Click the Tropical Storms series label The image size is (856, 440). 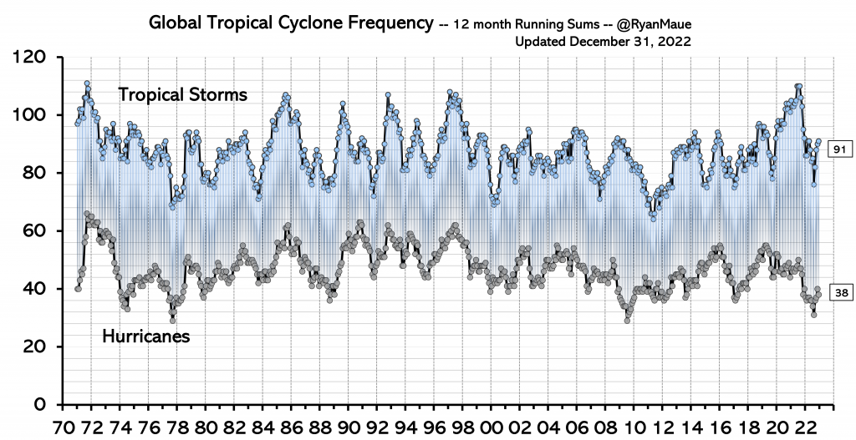[x=182, y=94]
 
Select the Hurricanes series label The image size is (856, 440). [x=145, y=336]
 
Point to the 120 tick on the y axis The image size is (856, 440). [x=32, y=58]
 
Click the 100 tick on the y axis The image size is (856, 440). [x=32, y=115]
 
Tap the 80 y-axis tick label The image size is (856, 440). [x=36, y=173]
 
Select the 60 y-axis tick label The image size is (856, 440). [x=36, y=230]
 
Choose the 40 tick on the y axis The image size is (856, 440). [x=36, y=289]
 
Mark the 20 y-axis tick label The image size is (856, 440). [x=36, y=346]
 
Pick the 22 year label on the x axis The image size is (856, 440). [x=809, y=425]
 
